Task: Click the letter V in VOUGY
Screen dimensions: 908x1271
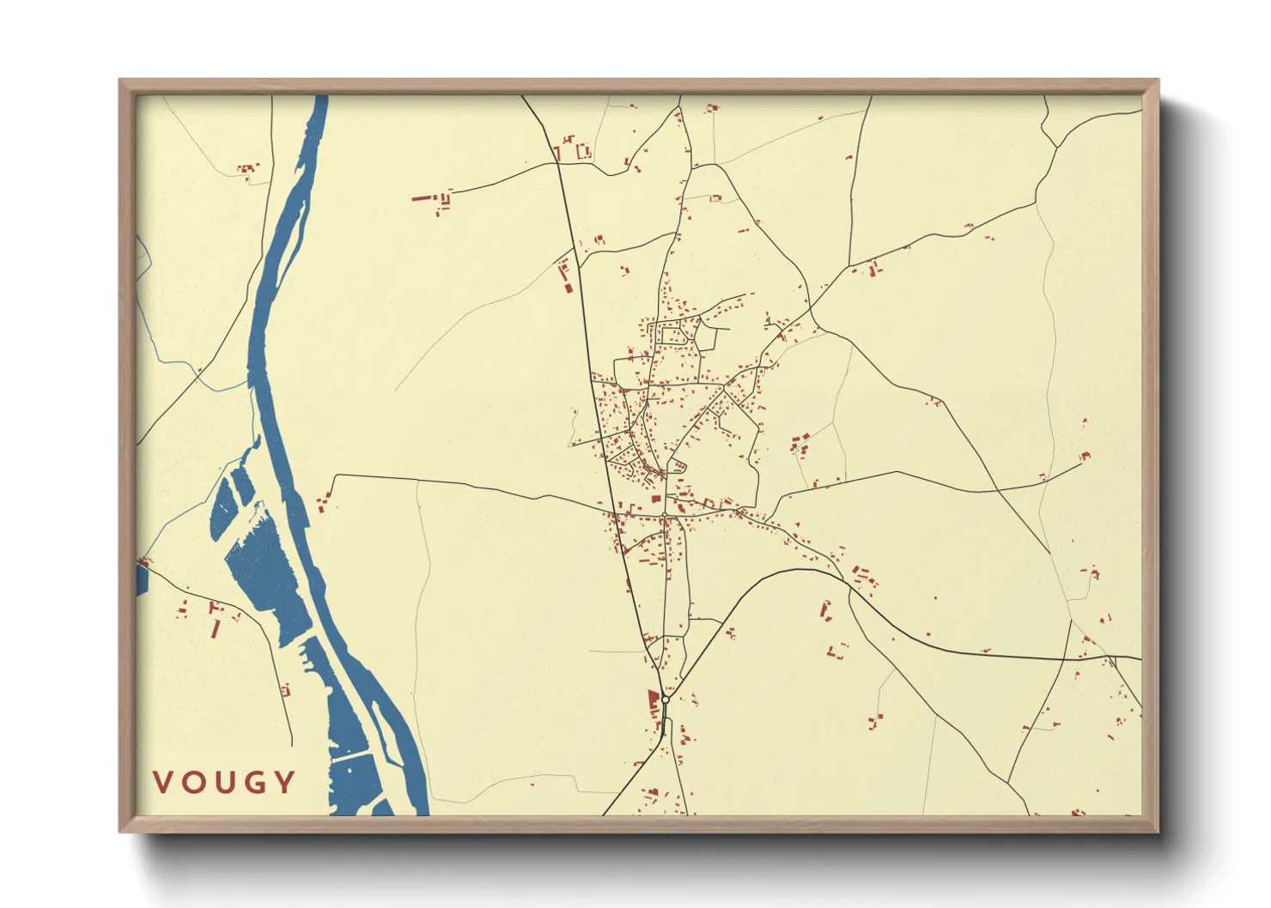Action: coord(163,782)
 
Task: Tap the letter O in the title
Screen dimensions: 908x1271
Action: coord(192,782)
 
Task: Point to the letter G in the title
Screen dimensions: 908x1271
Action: coord(253,782)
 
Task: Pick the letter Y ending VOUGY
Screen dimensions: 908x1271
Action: coord(284,782)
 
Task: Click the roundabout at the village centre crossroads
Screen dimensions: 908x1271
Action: coord(665,515)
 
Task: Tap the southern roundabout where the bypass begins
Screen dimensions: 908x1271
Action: coord(666,699)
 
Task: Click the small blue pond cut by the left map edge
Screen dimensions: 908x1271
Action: coord(142,579)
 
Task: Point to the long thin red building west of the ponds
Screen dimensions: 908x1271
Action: coord(216,628)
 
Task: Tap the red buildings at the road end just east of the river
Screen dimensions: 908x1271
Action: coord(323,503)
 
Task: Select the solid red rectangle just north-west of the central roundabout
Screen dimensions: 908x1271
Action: coord(656,498)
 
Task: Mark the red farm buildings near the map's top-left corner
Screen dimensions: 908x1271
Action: coord(248,170)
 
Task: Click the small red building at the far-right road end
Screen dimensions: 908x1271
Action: coord(1085,456)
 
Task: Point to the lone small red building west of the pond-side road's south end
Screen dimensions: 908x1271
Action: coord(286,689)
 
